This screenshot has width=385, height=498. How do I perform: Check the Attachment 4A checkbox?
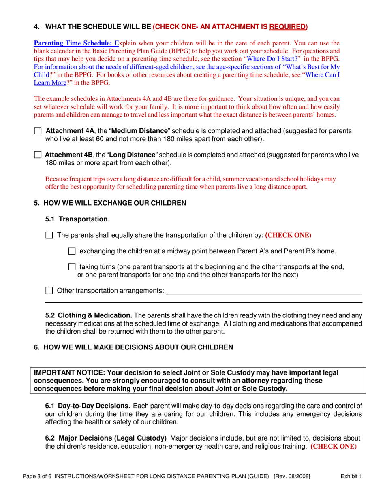38,131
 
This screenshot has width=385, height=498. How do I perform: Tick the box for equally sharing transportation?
49,235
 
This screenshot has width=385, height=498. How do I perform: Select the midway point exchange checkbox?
72,251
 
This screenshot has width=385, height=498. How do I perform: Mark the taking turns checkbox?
72,267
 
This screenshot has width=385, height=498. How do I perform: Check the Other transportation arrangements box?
49,291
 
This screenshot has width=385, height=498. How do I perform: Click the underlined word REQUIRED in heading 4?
287,27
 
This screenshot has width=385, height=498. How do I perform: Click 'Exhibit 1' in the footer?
351,477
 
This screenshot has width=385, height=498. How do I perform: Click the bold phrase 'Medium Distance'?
140,131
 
